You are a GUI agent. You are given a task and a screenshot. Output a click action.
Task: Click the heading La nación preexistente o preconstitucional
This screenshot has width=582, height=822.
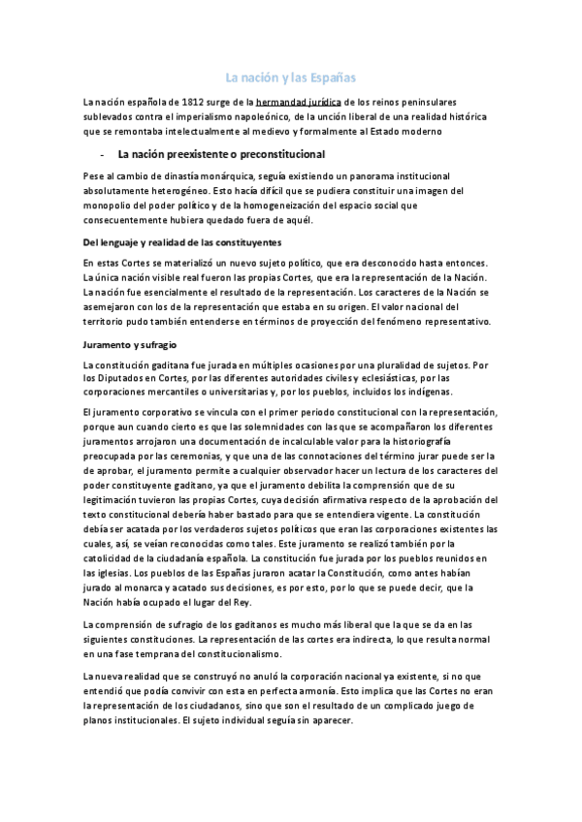(221, 155)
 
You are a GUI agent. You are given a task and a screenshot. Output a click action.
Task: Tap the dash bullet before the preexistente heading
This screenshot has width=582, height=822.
(102, 155)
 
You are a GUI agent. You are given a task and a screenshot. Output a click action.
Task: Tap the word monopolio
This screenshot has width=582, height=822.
(111, 205)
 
